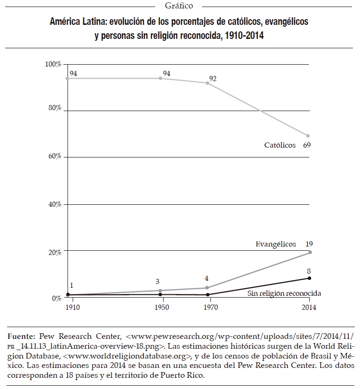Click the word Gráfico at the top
click(x=179, y=6)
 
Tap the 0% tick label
click(x=56, y=299)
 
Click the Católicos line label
click(x=280, y=145)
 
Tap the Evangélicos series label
click(x=276, y=244)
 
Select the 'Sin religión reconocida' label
click(x=284, y=293)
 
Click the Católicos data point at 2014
click(x=307, y=136)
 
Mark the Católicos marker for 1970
click(x=207, y=83)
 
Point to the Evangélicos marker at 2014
click(x=310, y=252)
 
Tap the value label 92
click(x=213, y=78)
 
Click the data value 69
click(x=307, y=145)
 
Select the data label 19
click(x=309, y=244)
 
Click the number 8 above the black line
click(x=308, y=270)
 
